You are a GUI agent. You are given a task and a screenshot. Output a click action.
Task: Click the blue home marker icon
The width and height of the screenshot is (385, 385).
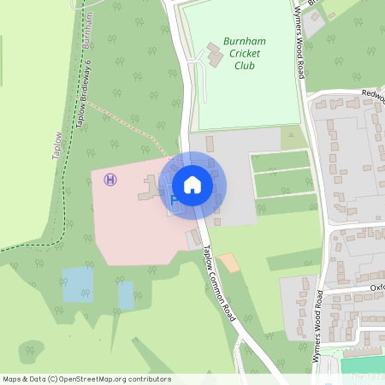(192, 184)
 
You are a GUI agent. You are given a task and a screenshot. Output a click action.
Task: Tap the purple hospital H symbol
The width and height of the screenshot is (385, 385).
(110, 179)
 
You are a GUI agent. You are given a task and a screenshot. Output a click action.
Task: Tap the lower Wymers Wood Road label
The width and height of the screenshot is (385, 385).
(317, 328)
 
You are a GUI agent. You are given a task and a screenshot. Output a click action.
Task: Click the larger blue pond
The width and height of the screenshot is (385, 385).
(77, 284)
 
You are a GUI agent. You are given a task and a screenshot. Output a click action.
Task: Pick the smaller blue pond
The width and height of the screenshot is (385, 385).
(126, 295)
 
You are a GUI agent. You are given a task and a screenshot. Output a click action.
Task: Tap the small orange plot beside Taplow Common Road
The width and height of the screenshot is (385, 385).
(228, 262)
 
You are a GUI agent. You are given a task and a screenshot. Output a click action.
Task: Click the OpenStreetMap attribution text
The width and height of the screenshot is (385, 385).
(86, 379)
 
